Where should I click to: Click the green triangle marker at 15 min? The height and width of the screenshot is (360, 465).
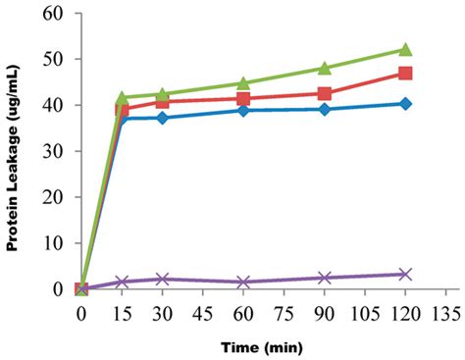click(x=123, y=98)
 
